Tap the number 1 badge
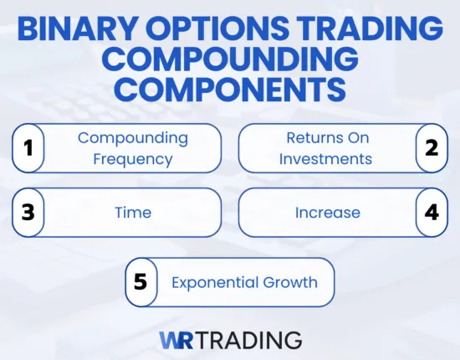tap(28, 148)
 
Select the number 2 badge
tap(432, 148)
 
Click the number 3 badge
tap(28, 212)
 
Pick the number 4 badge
tap(432, 212)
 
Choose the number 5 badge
tap(141, 282)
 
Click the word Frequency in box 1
tap(134, 158)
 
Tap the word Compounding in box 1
tap(134, 138)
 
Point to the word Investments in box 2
tap(325, 158)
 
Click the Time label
tap(133, 213)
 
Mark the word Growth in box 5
tap(290, 282)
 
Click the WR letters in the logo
tap(176, 339)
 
